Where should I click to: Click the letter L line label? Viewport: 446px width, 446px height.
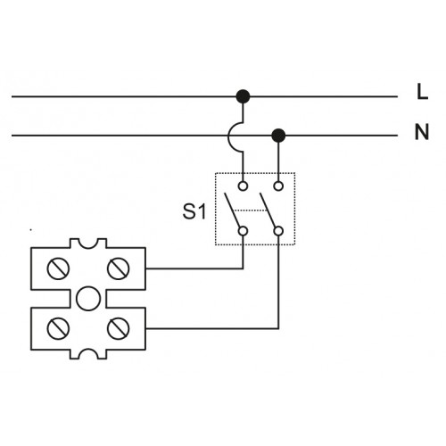(x=422, y=92)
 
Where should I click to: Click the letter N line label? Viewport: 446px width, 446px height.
(x=422, y=132)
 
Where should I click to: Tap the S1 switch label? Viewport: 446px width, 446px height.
(x=194, y=211)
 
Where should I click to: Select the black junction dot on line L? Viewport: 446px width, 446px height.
(x=243, y=96)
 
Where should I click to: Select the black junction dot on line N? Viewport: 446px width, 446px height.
(x=278, y=136)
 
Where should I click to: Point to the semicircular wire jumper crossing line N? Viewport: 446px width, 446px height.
(x=229, y=136)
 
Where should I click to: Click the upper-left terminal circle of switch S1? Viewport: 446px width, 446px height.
(x=243, y=186)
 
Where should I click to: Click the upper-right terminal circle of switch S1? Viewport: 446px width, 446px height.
(x=278, y=186)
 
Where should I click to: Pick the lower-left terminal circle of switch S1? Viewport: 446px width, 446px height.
(x=243, y=231)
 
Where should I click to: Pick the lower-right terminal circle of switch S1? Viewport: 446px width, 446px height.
(x=278, y=231)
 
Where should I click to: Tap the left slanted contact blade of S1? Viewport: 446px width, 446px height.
(x=232, y=210)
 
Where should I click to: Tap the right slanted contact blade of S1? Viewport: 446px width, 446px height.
(x=268, y=210)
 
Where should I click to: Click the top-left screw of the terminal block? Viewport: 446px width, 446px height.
(x=58, y=268)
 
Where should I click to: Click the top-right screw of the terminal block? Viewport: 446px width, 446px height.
(x=118, y=268)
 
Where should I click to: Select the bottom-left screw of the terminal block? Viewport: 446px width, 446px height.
(x=58, y=328)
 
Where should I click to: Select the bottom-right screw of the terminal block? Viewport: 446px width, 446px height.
(x=118, y=328)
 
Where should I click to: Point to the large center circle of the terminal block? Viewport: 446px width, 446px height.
(x=88, y=299)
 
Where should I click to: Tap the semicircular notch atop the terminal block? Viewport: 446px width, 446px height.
(x=88, y=249)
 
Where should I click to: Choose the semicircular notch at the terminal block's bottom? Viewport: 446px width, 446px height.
(x=88, y=349)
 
